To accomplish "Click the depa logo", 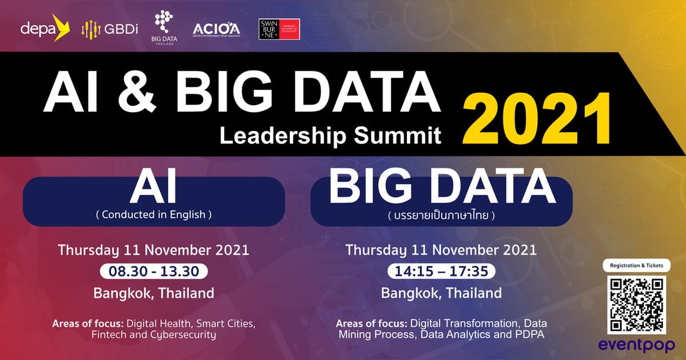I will pos(45,28).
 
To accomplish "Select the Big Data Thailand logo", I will pos(165,27).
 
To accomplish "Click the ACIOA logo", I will pos(216,29).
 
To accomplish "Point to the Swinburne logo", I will pos(279,29).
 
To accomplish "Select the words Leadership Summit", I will pos(330,135).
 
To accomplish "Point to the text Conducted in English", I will pos(153,215).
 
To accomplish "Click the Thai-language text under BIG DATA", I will pos(440,217).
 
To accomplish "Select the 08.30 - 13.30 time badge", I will pos(153,271).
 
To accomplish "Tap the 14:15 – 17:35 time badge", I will pos(441,271).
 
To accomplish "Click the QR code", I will pos(636,305).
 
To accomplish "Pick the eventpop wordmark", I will pos(636,346).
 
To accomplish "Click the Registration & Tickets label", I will pos(636,266).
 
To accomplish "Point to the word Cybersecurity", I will pos(182,335).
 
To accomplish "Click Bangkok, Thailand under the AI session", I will pos(153,294).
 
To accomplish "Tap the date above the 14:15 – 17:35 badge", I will pos(441,250).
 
